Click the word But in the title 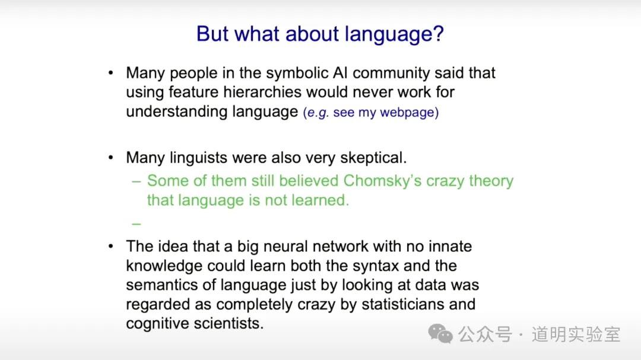click(212, 33)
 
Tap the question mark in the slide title click(439, 33)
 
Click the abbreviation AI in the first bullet click(340, 73)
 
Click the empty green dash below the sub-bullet click(137, 224)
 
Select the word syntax click(375, 266)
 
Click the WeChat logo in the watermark click(440, 334)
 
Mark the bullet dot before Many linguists click(111, 158)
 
